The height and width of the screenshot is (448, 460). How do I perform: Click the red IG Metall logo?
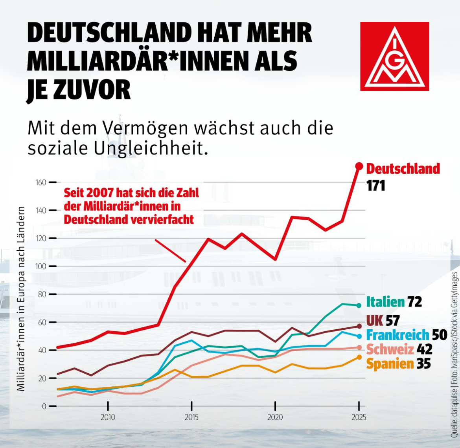[394, 56]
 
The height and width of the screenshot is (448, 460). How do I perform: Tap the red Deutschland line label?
[403, 169]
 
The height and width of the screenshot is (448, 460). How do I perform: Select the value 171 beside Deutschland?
[375, 185]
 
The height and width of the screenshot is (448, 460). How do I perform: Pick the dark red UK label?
[374, 321]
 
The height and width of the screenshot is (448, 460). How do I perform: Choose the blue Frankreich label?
[397, 335]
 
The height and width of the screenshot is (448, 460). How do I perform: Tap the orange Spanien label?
[390, 364]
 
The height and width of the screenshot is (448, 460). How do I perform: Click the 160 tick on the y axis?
[41, 182]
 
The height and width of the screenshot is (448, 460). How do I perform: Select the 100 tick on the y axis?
[41, 266]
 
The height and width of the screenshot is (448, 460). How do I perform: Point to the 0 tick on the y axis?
[44, 406]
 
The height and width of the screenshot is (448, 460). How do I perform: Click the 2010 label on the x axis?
[108, 417]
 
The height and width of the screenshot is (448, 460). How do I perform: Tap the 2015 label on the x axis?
[191, 417]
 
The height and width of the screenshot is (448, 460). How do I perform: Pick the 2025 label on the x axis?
[359, 417]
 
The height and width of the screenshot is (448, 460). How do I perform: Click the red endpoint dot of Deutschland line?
[359, 166]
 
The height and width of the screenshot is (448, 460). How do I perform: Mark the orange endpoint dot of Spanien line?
[359, 357]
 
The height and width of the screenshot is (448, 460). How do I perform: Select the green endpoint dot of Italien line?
[359, 305]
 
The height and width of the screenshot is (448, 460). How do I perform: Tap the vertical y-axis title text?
[21, 299]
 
